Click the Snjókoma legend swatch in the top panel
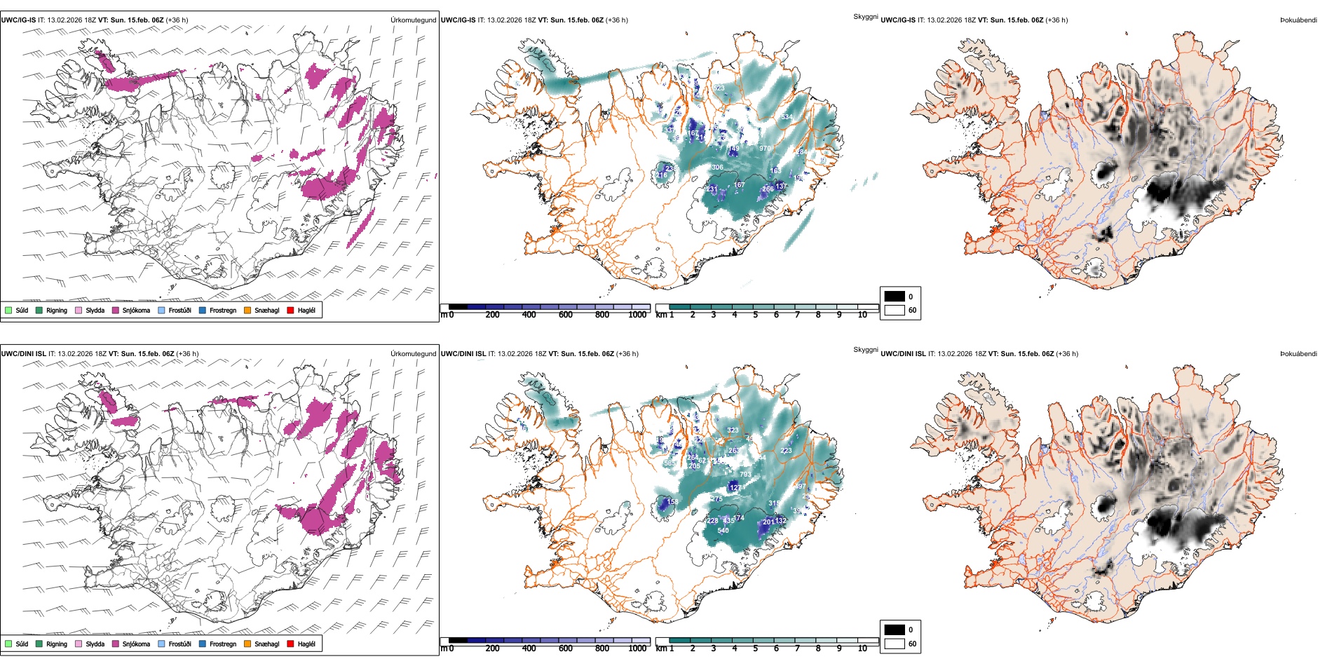coord(116,310)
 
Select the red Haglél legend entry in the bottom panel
coord(290,644)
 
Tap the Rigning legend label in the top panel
coord(57,311)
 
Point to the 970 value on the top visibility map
coord(765,149)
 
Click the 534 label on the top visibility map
coord(787,117)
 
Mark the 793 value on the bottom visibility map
coord(745,475)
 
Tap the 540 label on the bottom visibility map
coord(723,531)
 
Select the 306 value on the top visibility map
coord(717,168)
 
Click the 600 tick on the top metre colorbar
coord(566,315)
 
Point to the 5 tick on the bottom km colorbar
coord(755,648)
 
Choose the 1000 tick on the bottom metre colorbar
coord(637,648)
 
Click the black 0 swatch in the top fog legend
coord(895,297)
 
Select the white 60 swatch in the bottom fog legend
coord(895,644)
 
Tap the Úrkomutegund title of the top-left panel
coord(413,20)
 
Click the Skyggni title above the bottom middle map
coord(865,349)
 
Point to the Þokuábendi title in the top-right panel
coord(1298,20)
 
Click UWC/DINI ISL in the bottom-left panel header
coord(23,354)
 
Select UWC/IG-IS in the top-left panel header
coord(18,20)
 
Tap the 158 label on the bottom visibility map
coord(672,502)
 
